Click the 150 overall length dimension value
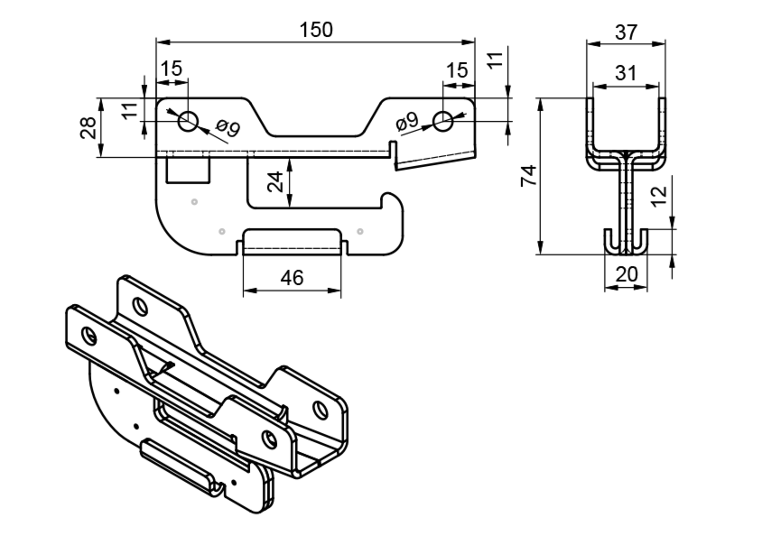click(x=316, y=29)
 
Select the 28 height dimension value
click(x=88, y=127)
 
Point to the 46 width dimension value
click(x=291, y=279)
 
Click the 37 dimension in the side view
click(x=625, y=32)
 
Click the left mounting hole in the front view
click(x=188, y=121)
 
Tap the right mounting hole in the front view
click(x=442, y=121)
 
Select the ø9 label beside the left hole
click(x=228, y=129)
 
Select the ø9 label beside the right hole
click(x=406, y=120)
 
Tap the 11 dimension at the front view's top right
click(x=493, y=62)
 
